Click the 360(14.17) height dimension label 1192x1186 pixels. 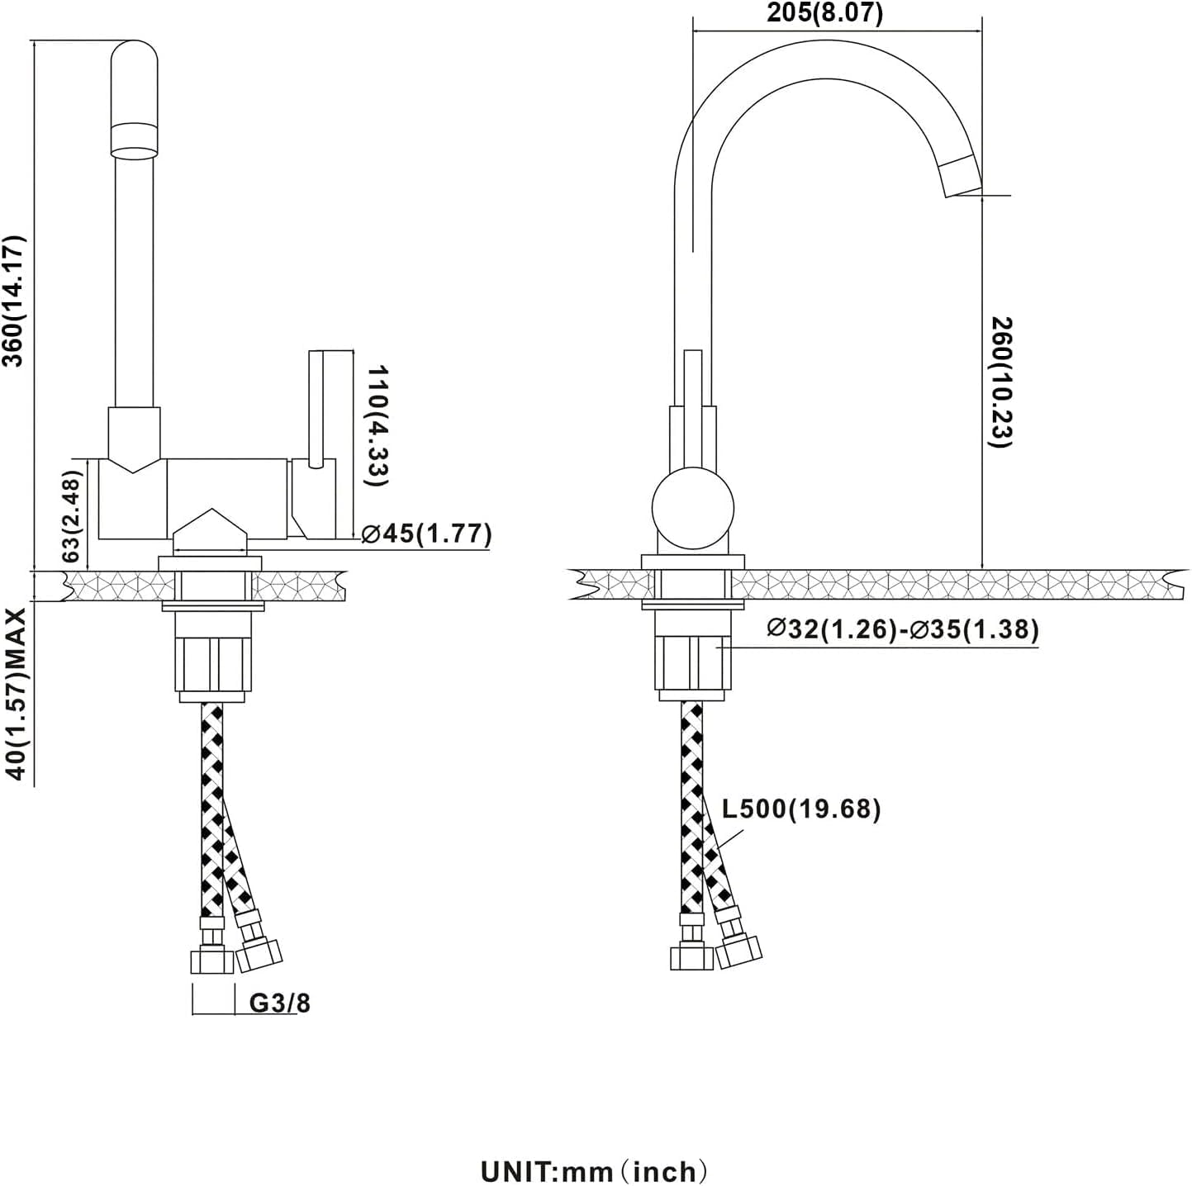[x=16, y=301]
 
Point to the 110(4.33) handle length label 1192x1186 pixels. [x=378, y=425]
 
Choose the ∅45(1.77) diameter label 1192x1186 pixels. [x=427, y=534]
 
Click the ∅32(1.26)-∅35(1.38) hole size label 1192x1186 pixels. [x=902, y=629]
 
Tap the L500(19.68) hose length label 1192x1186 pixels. [x=800, y=809]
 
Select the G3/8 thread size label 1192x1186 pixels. [x=280, y=1003]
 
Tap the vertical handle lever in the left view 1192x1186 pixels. [x=315, y=409]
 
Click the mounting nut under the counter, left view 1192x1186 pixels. [x=212, y=664]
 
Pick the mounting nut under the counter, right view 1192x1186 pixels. [x=692, y=664]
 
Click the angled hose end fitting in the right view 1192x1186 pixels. [x=738, y=946]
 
